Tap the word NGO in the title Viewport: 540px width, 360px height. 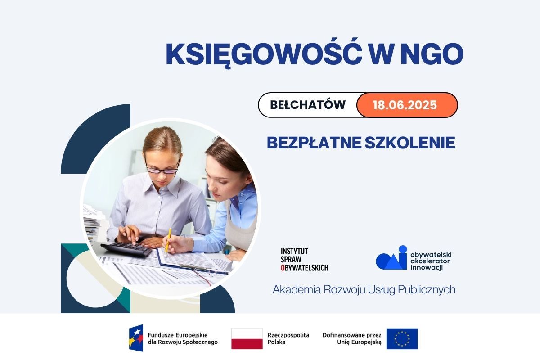(432, 54)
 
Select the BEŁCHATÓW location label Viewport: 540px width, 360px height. (308, 105)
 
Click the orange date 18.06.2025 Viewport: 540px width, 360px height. (405, 105)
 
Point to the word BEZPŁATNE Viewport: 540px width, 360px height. (314, 143)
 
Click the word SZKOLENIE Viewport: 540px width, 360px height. (410, 143)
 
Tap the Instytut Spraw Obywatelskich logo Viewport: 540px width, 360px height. (304, 260)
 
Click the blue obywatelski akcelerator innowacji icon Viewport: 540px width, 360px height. (391, 257)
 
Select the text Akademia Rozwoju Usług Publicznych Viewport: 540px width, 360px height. (364, 290)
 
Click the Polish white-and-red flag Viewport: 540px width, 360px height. (247, 338)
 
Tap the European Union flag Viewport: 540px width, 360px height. (402, 338)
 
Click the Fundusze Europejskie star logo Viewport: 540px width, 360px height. (136, 337)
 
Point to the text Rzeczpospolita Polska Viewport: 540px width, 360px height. (288, 338)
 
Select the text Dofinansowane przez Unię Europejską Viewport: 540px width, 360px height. (352, 338)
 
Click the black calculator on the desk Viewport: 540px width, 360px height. (126, 249)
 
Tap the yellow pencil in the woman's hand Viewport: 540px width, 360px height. (168, 241)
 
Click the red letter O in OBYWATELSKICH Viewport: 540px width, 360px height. (283, 268)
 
